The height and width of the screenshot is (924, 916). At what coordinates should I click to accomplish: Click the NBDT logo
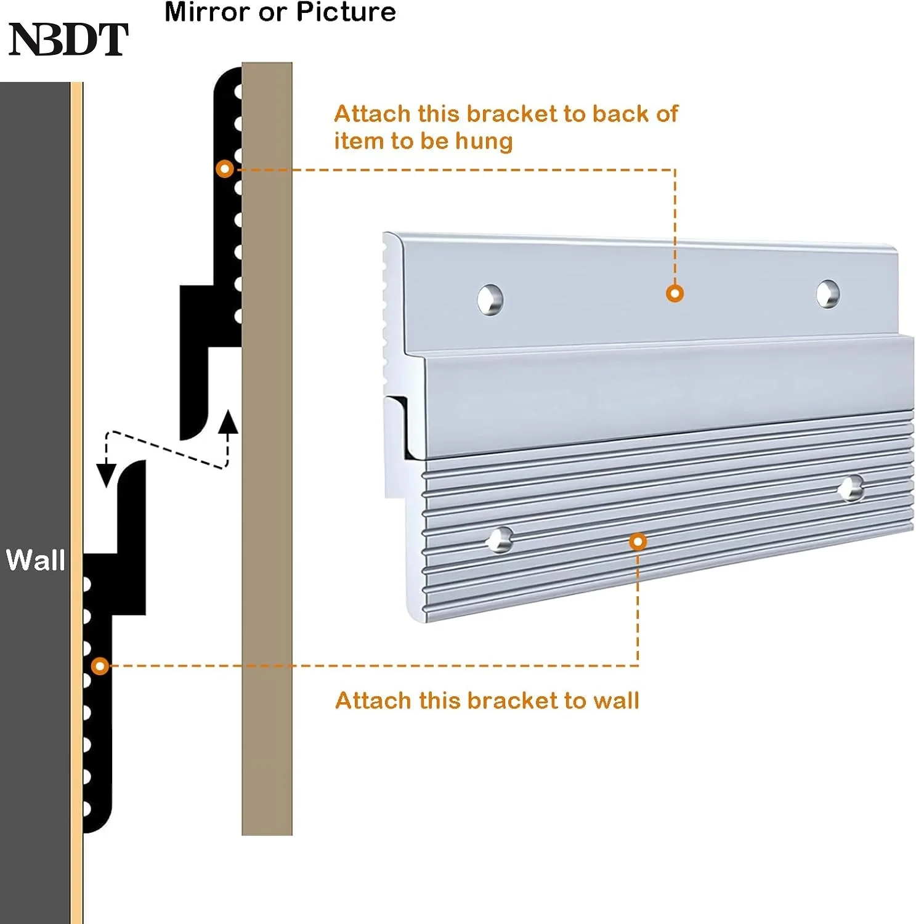68,39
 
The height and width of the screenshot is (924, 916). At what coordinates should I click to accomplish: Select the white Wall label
35,561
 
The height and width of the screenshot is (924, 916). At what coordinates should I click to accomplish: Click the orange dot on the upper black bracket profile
225,169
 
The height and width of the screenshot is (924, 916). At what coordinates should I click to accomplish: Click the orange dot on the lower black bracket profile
100,666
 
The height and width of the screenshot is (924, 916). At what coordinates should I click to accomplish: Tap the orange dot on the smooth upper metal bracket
675,293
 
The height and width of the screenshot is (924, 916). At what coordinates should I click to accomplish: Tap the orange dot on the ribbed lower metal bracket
638,542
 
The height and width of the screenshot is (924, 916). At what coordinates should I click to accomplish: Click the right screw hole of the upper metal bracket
827,294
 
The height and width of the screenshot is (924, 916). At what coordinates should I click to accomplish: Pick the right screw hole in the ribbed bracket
851,488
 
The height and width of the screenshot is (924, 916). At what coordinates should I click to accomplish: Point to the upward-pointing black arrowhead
229,421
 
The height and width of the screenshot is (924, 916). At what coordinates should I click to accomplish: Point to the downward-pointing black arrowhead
107,475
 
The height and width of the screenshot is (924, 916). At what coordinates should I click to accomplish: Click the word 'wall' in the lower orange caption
615,701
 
